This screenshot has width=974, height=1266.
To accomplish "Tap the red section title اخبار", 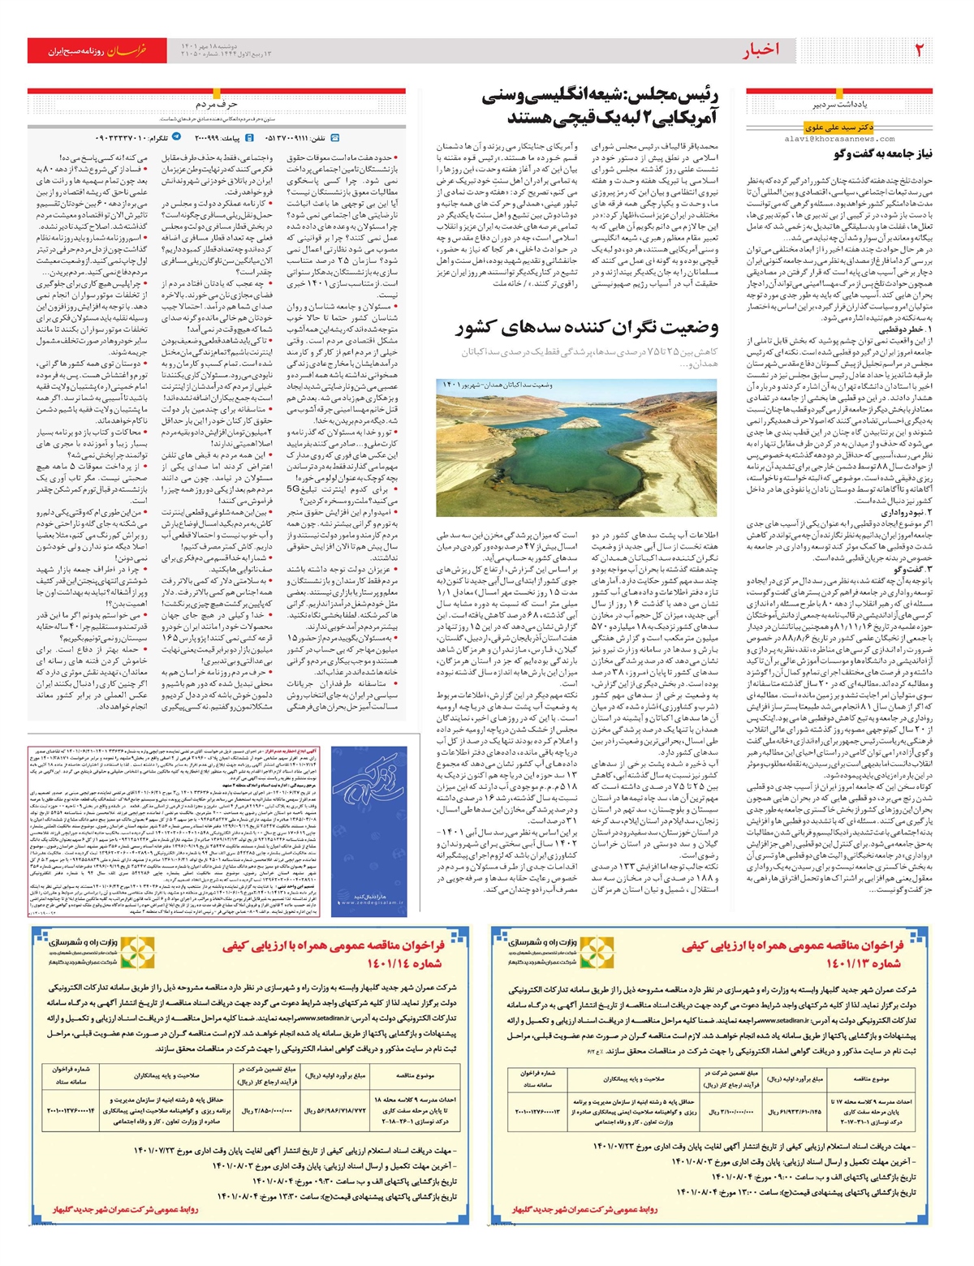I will (760, 50).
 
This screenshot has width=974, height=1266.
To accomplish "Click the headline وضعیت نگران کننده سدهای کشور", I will (587, 328).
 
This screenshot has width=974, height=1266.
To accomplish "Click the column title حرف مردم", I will (216, 105).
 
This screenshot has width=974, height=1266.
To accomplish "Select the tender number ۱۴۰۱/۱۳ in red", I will (864, 963).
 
